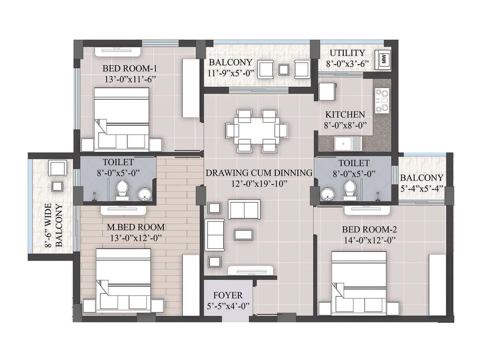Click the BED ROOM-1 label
130,68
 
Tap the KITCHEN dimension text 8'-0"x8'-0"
345,125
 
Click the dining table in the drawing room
256,131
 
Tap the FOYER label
228,295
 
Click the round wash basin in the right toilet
326,194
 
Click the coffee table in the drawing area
243,234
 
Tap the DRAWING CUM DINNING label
259,173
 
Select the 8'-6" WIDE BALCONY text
54,225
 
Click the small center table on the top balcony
284,70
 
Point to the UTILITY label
347,53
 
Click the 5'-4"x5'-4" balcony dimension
421,189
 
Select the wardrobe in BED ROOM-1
191,88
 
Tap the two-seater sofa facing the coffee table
244,209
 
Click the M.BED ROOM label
136,227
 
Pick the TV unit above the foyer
251,271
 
